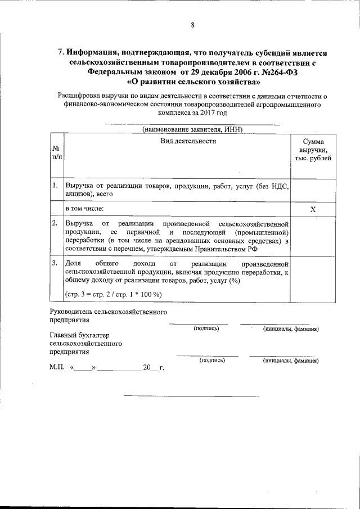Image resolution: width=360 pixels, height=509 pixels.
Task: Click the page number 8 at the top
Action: click(192, 25)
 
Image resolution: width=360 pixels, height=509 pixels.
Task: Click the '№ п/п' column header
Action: click(56, 152)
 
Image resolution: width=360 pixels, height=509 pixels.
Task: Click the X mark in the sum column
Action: click(313, 209)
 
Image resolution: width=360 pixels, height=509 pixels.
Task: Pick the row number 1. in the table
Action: click(55, 185)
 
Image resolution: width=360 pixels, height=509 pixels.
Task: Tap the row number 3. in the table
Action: click(55, 263)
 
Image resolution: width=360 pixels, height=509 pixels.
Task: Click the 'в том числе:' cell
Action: click(84, 209)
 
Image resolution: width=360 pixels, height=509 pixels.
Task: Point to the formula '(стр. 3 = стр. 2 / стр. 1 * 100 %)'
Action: click(114, 294)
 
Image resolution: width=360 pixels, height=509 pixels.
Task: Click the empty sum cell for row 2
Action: click(313, 236)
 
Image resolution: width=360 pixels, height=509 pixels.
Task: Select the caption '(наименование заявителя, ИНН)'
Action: click(192, 129)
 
